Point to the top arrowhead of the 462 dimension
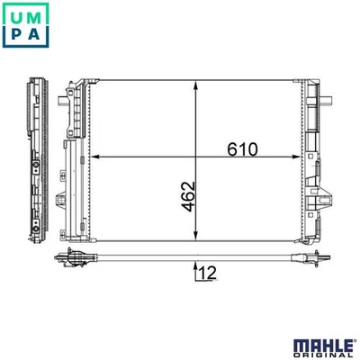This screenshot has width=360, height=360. coord(197,84)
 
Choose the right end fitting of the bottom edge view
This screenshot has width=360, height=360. coord(310,260)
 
